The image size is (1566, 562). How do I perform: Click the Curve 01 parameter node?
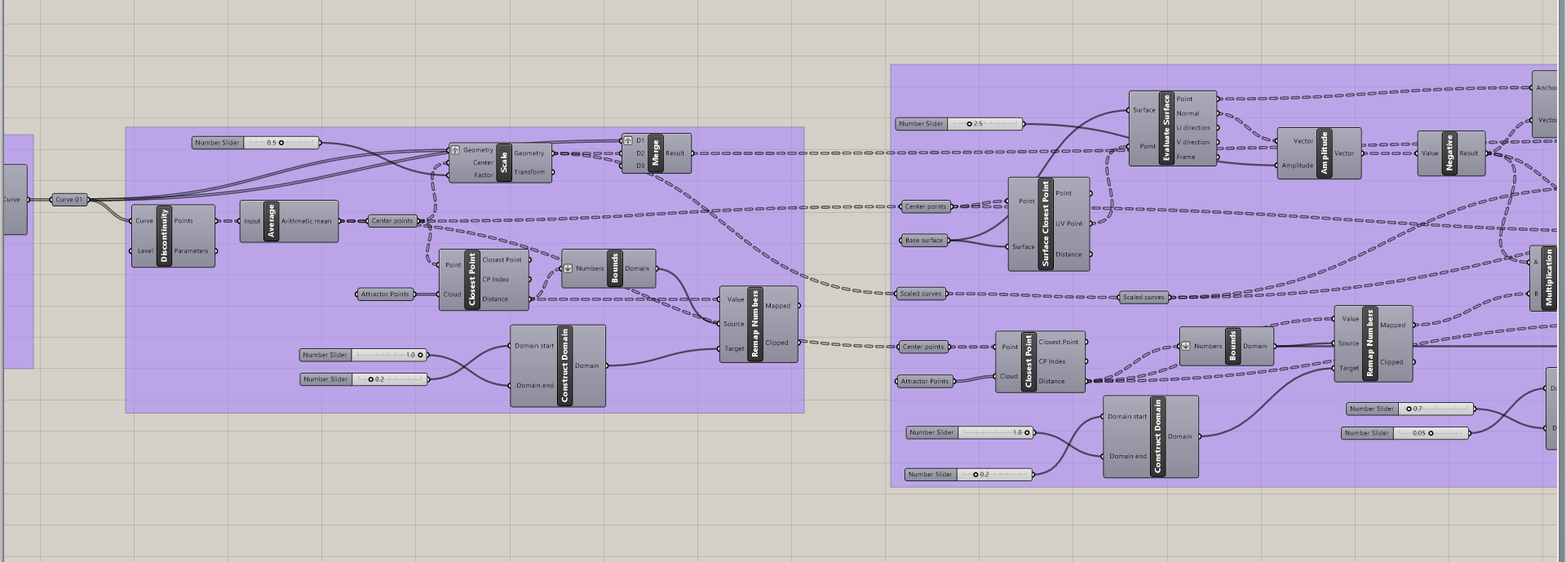pyautogui.click(x=69, y=199)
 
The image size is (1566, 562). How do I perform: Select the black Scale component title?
pyautogui.click(x=504, y=162)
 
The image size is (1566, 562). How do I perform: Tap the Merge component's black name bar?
pyautogui.click(x=655, y=153)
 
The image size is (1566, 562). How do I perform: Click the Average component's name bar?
pyautogui.click(x=272, y=221)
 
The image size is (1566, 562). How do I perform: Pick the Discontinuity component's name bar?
pyautogui.click(x=164, y=236)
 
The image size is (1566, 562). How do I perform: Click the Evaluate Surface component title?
pyautogui.click(x=1166, y=128)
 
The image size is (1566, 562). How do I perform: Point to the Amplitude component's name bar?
pyautogui.click(x=1324, y=153)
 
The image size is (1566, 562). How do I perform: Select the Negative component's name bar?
pyautogui.click(x=1449, y=153)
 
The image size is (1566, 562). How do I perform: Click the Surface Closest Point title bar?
pyautogui.click(x=1046, y=223)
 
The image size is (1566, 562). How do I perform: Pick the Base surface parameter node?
pyautogui.click(x=924, y=241)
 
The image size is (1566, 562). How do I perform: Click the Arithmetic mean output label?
pyautogui.click(x=306, y=221)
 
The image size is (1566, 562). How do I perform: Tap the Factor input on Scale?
pyautogui.click(x=483, y=175)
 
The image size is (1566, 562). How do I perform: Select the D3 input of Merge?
pyautogui.click(x=639, y=166)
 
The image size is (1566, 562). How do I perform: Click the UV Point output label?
pyautogui.click(x=1068, y=223)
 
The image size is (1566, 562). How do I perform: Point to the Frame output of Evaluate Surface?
pyautogui.click(x=1186, y=157)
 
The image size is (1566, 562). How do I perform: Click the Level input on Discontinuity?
pyautogui.click(x=144, y=250)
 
